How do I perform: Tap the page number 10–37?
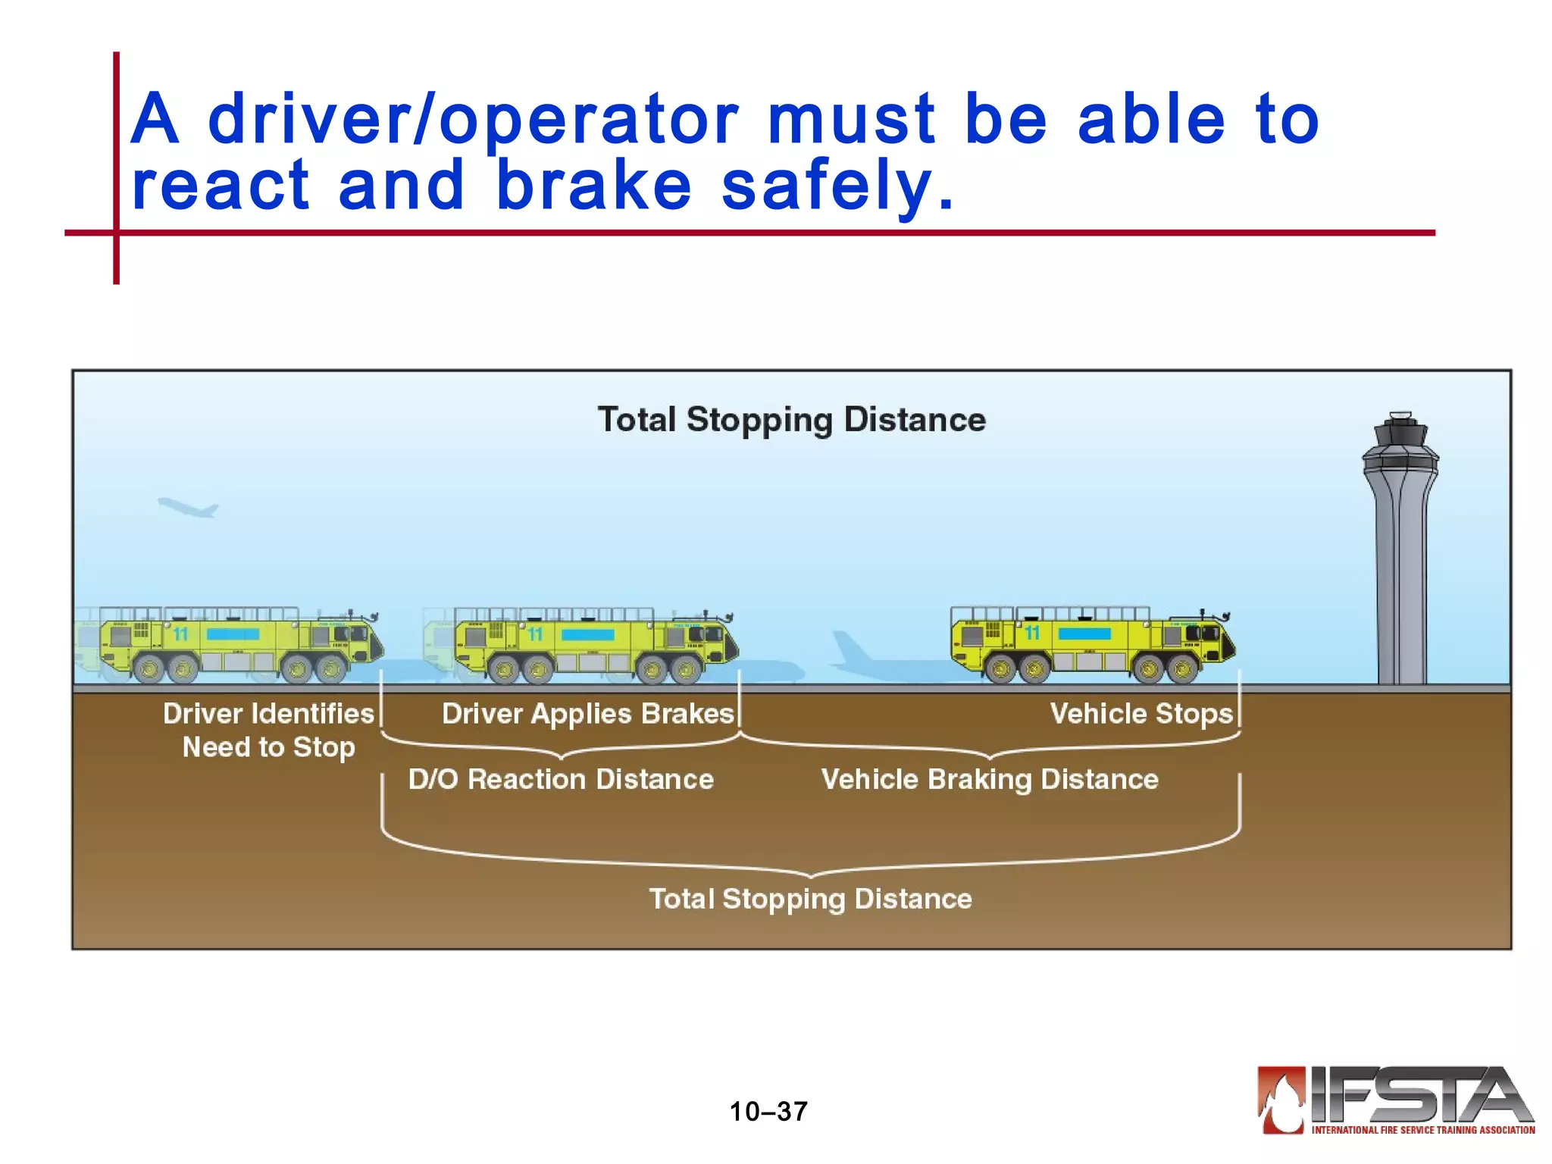(768, 1112)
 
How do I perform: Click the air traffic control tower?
(1400, 553)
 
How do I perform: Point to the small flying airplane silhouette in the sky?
(188, 507)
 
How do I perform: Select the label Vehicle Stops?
(1141, 714)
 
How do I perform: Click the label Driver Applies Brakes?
(588, 714)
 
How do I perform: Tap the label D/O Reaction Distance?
(561, 780)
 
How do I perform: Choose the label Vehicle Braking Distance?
(990, 780)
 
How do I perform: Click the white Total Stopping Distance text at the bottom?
(810, 899)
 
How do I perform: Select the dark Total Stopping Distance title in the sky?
(791, 420)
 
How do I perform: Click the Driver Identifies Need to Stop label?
(269, 730)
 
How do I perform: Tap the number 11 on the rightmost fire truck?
(1032, 633)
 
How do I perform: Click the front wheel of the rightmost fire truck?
(1182, 669)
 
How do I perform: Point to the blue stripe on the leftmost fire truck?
(233, 634)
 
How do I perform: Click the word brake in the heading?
(593, 186)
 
